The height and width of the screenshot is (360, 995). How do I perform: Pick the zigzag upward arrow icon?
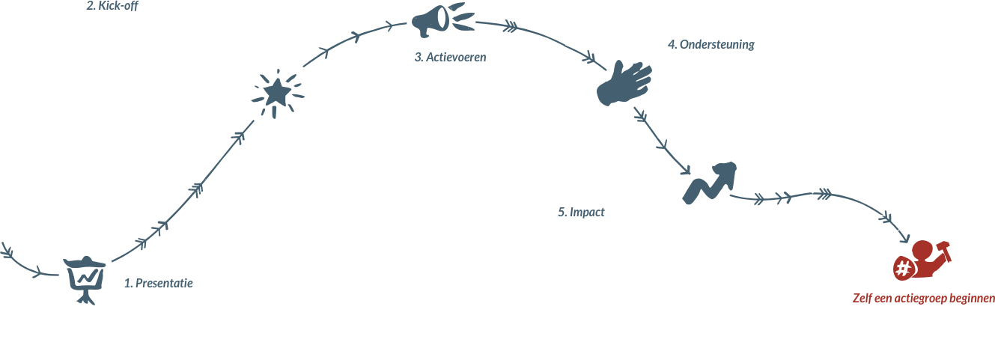(709, 180)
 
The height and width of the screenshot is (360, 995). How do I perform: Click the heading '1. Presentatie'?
(159, 284)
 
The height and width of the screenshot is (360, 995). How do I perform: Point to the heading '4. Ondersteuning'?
(711, 44)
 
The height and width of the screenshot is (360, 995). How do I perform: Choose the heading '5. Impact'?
(581, 213)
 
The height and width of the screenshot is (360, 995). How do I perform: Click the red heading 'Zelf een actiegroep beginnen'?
(923, 299)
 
